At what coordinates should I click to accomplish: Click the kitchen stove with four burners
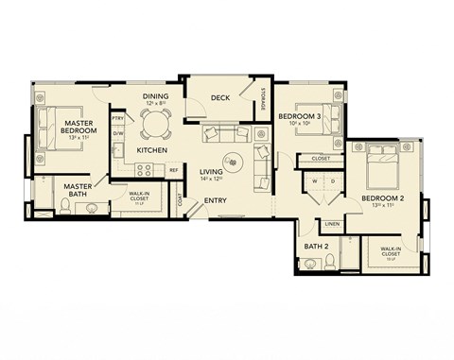pos(146,170)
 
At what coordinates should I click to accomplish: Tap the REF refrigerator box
pos(173,170)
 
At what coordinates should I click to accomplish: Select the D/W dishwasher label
pos(118,134)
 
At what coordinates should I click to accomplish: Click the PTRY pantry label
pos(118,118)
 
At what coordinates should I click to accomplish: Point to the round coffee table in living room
pos(232,160)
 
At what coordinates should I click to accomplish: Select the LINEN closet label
pos(331,224)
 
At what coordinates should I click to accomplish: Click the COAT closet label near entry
pos(180,197)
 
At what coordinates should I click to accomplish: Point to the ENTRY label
pos(215,200)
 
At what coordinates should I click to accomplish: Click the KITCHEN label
pos(152,150)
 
